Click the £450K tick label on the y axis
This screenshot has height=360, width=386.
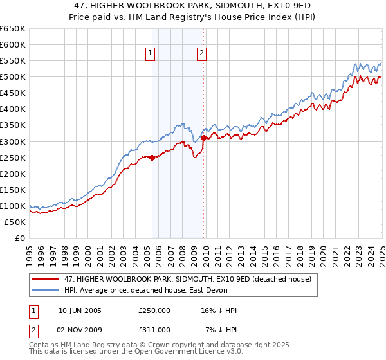[12, 93]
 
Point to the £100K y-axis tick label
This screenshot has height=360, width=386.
[12, 206]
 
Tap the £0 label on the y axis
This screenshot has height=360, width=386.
[19, 238]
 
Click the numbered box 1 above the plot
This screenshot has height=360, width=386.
[150, 54]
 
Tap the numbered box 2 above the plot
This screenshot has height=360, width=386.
[201, 54]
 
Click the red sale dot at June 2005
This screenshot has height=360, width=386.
[152, 157]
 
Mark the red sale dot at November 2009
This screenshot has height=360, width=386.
[204, 138]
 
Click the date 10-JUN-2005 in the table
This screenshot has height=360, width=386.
[80, 311]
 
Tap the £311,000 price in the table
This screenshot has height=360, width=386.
[154, 330]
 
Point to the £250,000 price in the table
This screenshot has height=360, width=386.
[154, 311]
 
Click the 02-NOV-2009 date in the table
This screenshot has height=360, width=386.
[80, 330]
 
